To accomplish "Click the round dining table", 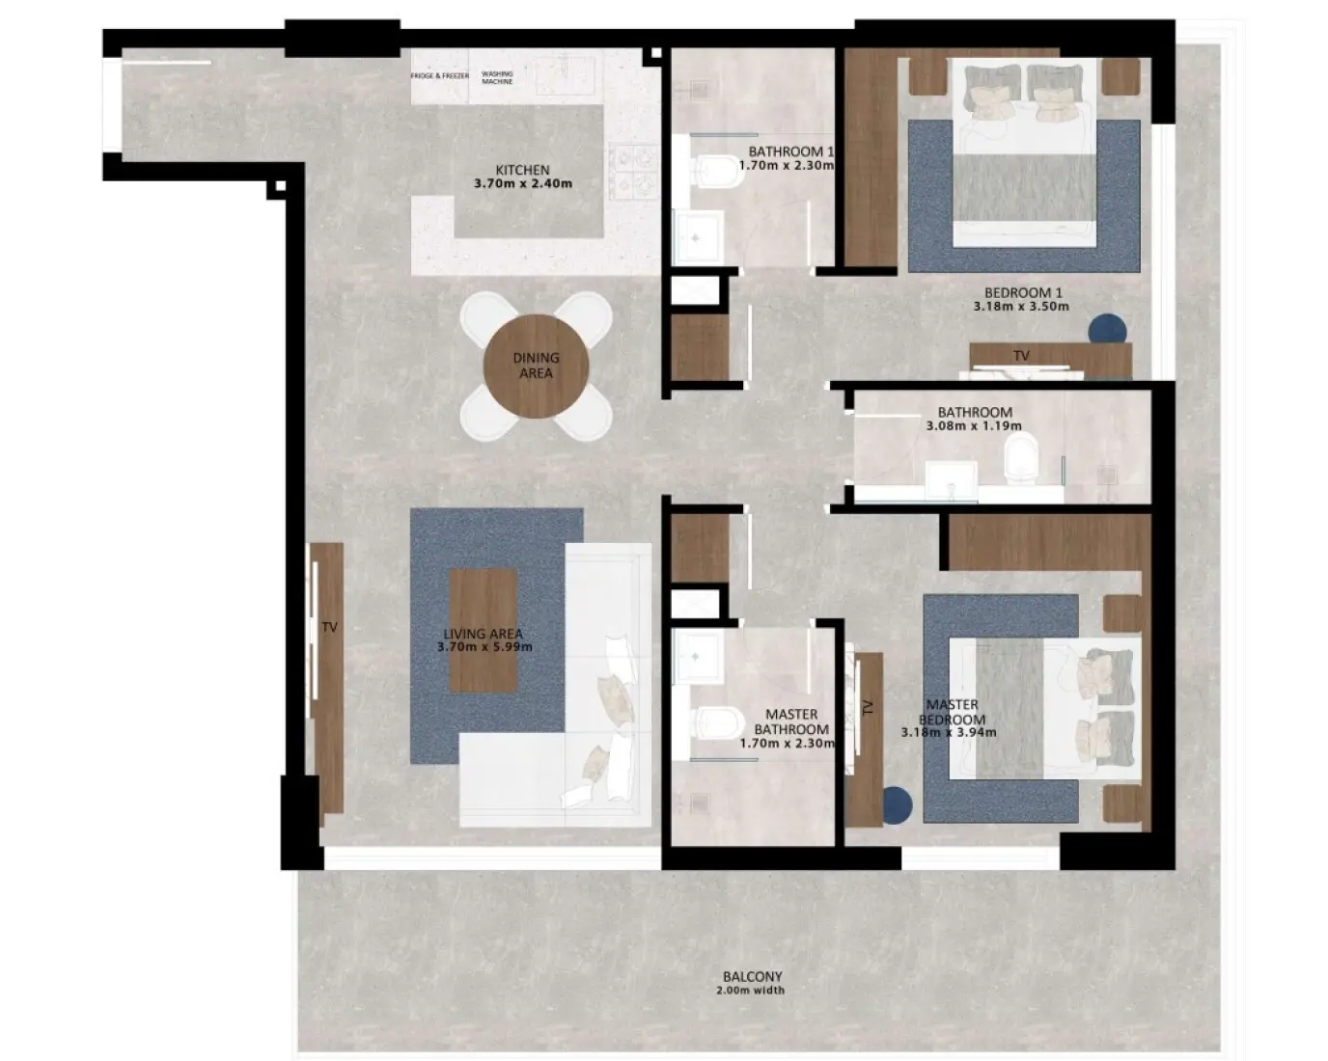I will (536, 366).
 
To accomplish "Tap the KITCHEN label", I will (522, 170).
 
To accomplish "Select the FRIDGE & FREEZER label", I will (439, 75).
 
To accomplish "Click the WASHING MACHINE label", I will (497, 77).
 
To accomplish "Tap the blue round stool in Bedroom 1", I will (1107, 330).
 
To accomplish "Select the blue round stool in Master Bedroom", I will (897, 803).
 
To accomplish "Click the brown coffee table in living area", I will (484, 630).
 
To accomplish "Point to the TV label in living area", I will (329, 627).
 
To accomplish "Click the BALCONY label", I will (752, 976).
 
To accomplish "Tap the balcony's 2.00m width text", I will (751, 991).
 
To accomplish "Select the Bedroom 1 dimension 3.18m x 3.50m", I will (1021, 307).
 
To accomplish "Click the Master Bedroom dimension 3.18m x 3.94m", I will (949, 732).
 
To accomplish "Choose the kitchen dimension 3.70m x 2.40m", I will (522, 183).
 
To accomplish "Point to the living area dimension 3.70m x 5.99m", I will (484, 646).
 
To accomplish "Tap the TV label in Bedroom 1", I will (1021, 356).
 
